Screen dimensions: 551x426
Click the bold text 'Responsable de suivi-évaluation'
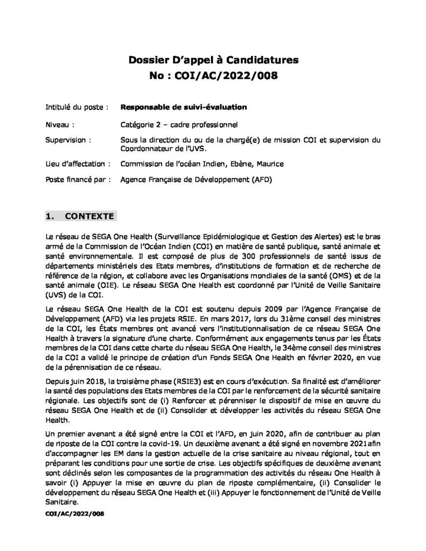184,107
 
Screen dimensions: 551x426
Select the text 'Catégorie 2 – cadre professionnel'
183,125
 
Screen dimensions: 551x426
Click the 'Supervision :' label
68,140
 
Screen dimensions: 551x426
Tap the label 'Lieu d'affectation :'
79,164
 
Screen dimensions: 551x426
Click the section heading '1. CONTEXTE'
80,217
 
